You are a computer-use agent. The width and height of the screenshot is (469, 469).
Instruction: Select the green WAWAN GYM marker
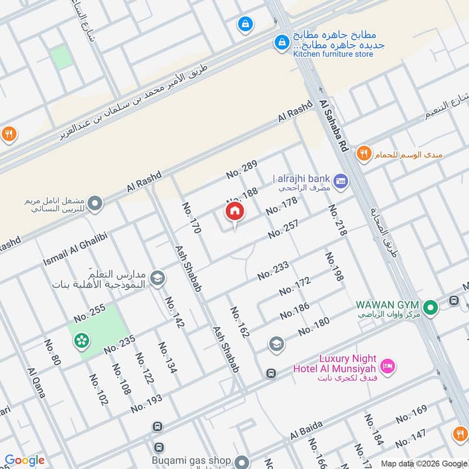(431, 307)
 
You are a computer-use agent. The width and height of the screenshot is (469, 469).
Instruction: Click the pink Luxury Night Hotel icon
(388, 367)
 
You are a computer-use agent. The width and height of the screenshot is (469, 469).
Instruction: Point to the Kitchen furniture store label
(333, 55)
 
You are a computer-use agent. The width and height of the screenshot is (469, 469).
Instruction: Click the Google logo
(25, 460)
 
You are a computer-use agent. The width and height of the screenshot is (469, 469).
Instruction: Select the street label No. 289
(242, 169)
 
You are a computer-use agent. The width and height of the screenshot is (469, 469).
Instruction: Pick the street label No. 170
(192, 219)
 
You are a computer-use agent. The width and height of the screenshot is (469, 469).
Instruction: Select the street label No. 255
(90, 312)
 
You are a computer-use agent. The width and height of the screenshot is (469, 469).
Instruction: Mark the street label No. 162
(240, 322)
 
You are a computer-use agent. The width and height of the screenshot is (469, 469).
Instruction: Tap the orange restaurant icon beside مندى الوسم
(364, 154)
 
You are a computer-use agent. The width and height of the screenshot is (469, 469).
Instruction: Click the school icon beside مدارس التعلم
(157, 278)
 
